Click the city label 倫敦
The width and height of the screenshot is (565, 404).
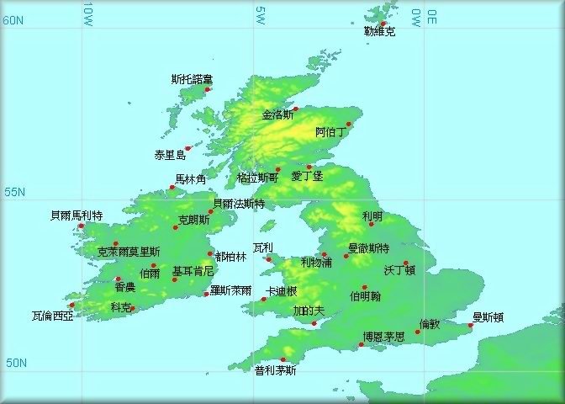[429, 324]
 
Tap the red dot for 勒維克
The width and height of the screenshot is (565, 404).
[383, 24]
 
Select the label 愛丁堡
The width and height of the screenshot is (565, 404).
[307, 177]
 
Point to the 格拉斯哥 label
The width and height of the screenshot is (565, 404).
[257, 178]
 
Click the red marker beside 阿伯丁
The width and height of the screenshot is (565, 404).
[349, 125]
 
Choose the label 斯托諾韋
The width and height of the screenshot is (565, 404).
[192, 80]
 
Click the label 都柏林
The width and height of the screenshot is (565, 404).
[231, 257]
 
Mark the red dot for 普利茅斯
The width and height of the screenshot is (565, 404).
[282, 359]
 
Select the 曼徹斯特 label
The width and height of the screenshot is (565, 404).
[369, 248]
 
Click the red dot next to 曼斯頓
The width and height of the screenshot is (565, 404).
[471, 326]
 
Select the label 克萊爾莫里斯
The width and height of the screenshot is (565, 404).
[129, 252]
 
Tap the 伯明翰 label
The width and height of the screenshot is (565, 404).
[366, 296]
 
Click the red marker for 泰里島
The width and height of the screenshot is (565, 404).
[187, 149]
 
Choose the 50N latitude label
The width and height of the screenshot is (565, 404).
[14, 364]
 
